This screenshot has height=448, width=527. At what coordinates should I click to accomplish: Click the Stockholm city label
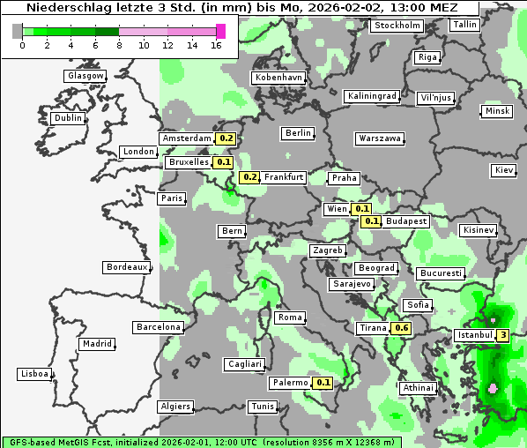coord(397,26)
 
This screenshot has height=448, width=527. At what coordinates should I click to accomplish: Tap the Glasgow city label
coord(85,76)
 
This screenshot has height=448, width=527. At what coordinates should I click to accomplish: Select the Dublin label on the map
coord(68,118)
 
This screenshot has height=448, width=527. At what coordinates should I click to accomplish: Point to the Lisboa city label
coord(33,374)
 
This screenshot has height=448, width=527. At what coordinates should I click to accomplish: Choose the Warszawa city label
coord(380,138)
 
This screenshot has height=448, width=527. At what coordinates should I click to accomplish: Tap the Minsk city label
coord(497,111)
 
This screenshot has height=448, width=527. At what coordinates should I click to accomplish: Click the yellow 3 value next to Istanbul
coord(502,335)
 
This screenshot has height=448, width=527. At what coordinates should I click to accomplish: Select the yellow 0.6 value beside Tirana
coord(401,328)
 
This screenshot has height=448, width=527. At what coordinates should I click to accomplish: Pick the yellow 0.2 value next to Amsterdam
coord(226,138)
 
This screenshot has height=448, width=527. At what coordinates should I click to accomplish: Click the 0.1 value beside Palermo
coord(323,383)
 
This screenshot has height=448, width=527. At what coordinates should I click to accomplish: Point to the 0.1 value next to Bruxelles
coord(223,162)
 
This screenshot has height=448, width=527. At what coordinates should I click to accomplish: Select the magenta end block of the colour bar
coord(220,31)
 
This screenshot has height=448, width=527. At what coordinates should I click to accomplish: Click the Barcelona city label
coord(159,327)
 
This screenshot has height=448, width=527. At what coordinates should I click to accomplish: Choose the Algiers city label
coord(174,407)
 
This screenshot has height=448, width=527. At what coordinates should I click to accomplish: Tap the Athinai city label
coord(418,388)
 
